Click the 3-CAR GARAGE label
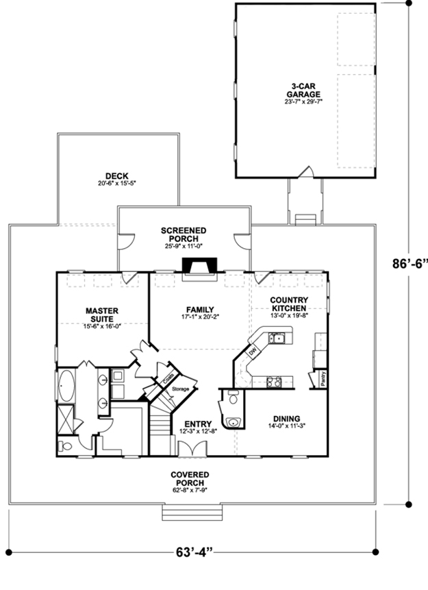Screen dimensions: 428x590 (x=303, y=90)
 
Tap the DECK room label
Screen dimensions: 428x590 (x=117, y=175)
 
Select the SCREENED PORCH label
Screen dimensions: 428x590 (x=184, y=234)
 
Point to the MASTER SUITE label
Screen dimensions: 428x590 (x=102, y=315)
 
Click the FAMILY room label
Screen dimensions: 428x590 (x=200, y=310)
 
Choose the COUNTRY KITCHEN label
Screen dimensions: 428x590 (x=289, y=304)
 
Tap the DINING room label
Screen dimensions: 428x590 (x=286, y=419)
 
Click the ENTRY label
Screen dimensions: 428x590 (x=198, y=424)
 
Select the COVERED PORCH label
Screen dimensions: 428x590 (x=190, y=478)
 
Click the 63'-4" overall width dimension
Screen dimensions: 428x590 (x=194, y=552)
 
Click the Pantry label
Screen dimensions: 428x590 (x=323, y=378)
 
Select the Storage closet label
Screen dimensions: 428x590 (x=181, y=389)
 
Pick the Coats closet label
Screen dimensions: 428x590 (x=168, y=378)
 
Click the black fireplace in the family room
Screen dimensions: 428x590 (x=199, y=265)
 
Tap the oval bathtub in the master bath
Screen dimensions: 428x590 (x=67, y=386)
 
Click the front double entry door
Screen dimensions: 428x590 (x=192, y=449)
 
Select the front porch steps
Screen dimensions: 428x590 (x=192, y=513)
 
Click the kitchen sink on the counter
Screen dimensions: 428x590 (x=277, y=338)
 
